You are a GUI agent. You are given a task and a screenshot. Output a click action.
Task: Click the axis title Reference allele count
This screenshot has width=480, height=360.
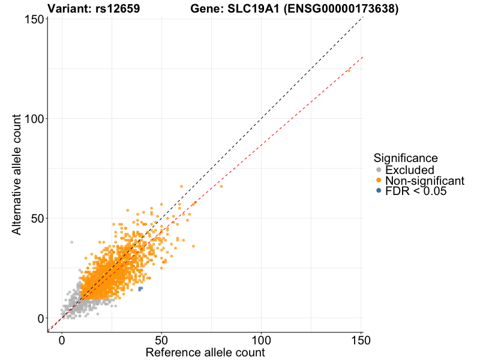pyautogui.click(x=205, y=352)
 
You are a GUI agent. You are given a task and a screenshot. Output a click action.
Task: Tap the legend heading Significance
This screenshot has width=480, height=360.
pyautogui.click(x=405, y=158)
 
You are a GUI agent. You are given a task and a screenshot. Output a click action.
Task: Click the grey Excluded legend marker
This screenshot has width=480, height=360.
pyautogui.click(x=378, y=170)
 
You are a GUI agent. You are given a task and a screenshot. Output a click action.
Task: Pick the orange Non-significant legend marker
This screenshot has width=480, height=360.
pyautogui.click(x=378, y=181)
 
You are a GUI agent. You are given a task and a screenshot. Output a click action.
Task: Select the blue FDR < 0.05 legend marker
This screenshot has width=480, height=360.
pyautogui.click(x=378, y=191)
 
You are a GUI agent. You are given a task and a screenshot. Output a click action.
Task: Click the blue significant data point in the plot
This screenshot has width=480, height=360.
pyautogui.click(x=140, y=289)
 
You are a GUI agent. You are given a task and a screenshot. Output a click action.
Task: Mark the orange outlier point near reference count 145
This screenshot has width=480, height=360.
pyautogui.click(x=349, y=70)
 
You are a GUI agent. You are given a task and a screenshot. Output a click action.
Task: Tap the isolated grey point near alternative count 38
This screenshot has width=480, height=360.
pyautogui.click(x=71, y=242)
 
